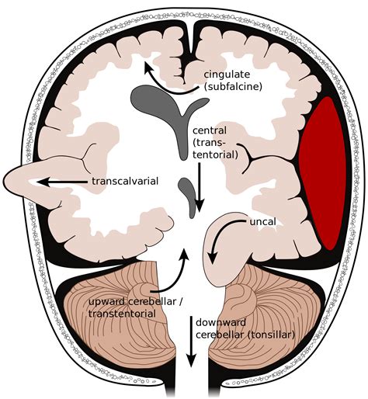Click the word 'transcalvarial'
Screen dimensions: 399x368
[124, 182]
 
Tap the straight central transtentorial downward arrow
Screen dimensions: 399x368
[200, 182]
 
